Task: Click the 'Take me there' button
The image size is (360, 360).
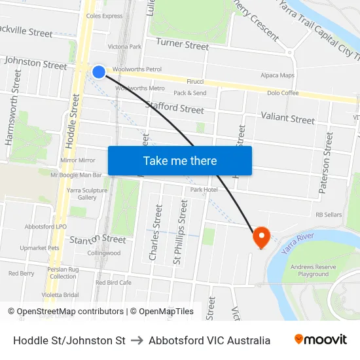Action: (x=180, y=160)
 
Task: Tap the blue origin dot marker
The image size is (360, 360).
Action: (x=99, y=71)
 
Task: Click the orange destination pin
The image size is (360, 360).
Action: (x=261, y=236)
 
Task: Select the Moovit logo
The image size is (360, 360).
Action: (x=320, y=340)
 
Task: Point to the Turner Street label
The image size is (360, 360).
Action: (x=183, y=45)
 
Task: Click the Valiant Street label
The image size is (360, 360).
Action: (x=287, y=118)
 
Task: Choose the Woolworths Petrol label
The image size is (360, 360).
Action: (x=137, y=69)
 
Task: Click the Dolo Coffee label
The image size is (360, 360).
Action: (x=283, y=93)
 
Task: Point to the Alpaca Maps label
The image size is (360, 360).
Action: (x=278, y=75)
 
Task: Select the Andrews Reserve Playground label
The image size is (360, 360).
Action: (x=314, y=270)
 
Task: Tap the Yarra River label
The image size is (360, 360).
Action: (x=298, y=243)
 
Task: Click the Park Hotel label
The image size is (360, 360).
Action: (x=204, y=189)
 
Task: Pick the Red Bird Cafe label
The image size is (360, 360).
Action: (x=113, y=282)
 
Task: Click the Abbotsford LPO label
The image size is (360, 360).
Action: (x=46, y=226)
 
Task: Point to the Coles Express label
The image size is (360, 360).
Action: (x=104, y=16)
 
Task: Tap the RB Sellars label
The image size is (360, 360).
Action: (x=329, y=214)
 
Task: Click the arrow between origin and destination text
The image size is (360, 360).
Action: (x=137, y=340)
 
